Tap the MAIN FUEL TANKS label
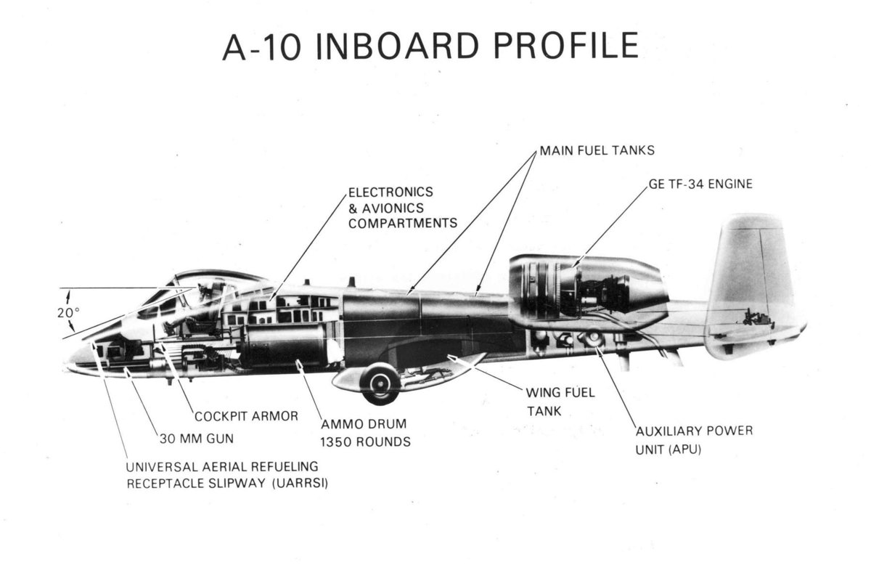coord(597,152)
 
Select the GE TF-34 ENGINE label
coord(701,184)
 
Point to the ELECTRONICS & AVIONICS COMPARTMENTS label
coord(402,208)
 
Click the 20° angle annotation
coord(68,313)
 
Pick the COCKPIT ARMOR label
coord(246,416)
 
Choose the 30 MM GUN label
coord(197,439)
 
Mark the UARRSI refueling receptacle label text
coord(226,474)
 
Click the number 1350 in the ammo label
coord(338,442)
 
